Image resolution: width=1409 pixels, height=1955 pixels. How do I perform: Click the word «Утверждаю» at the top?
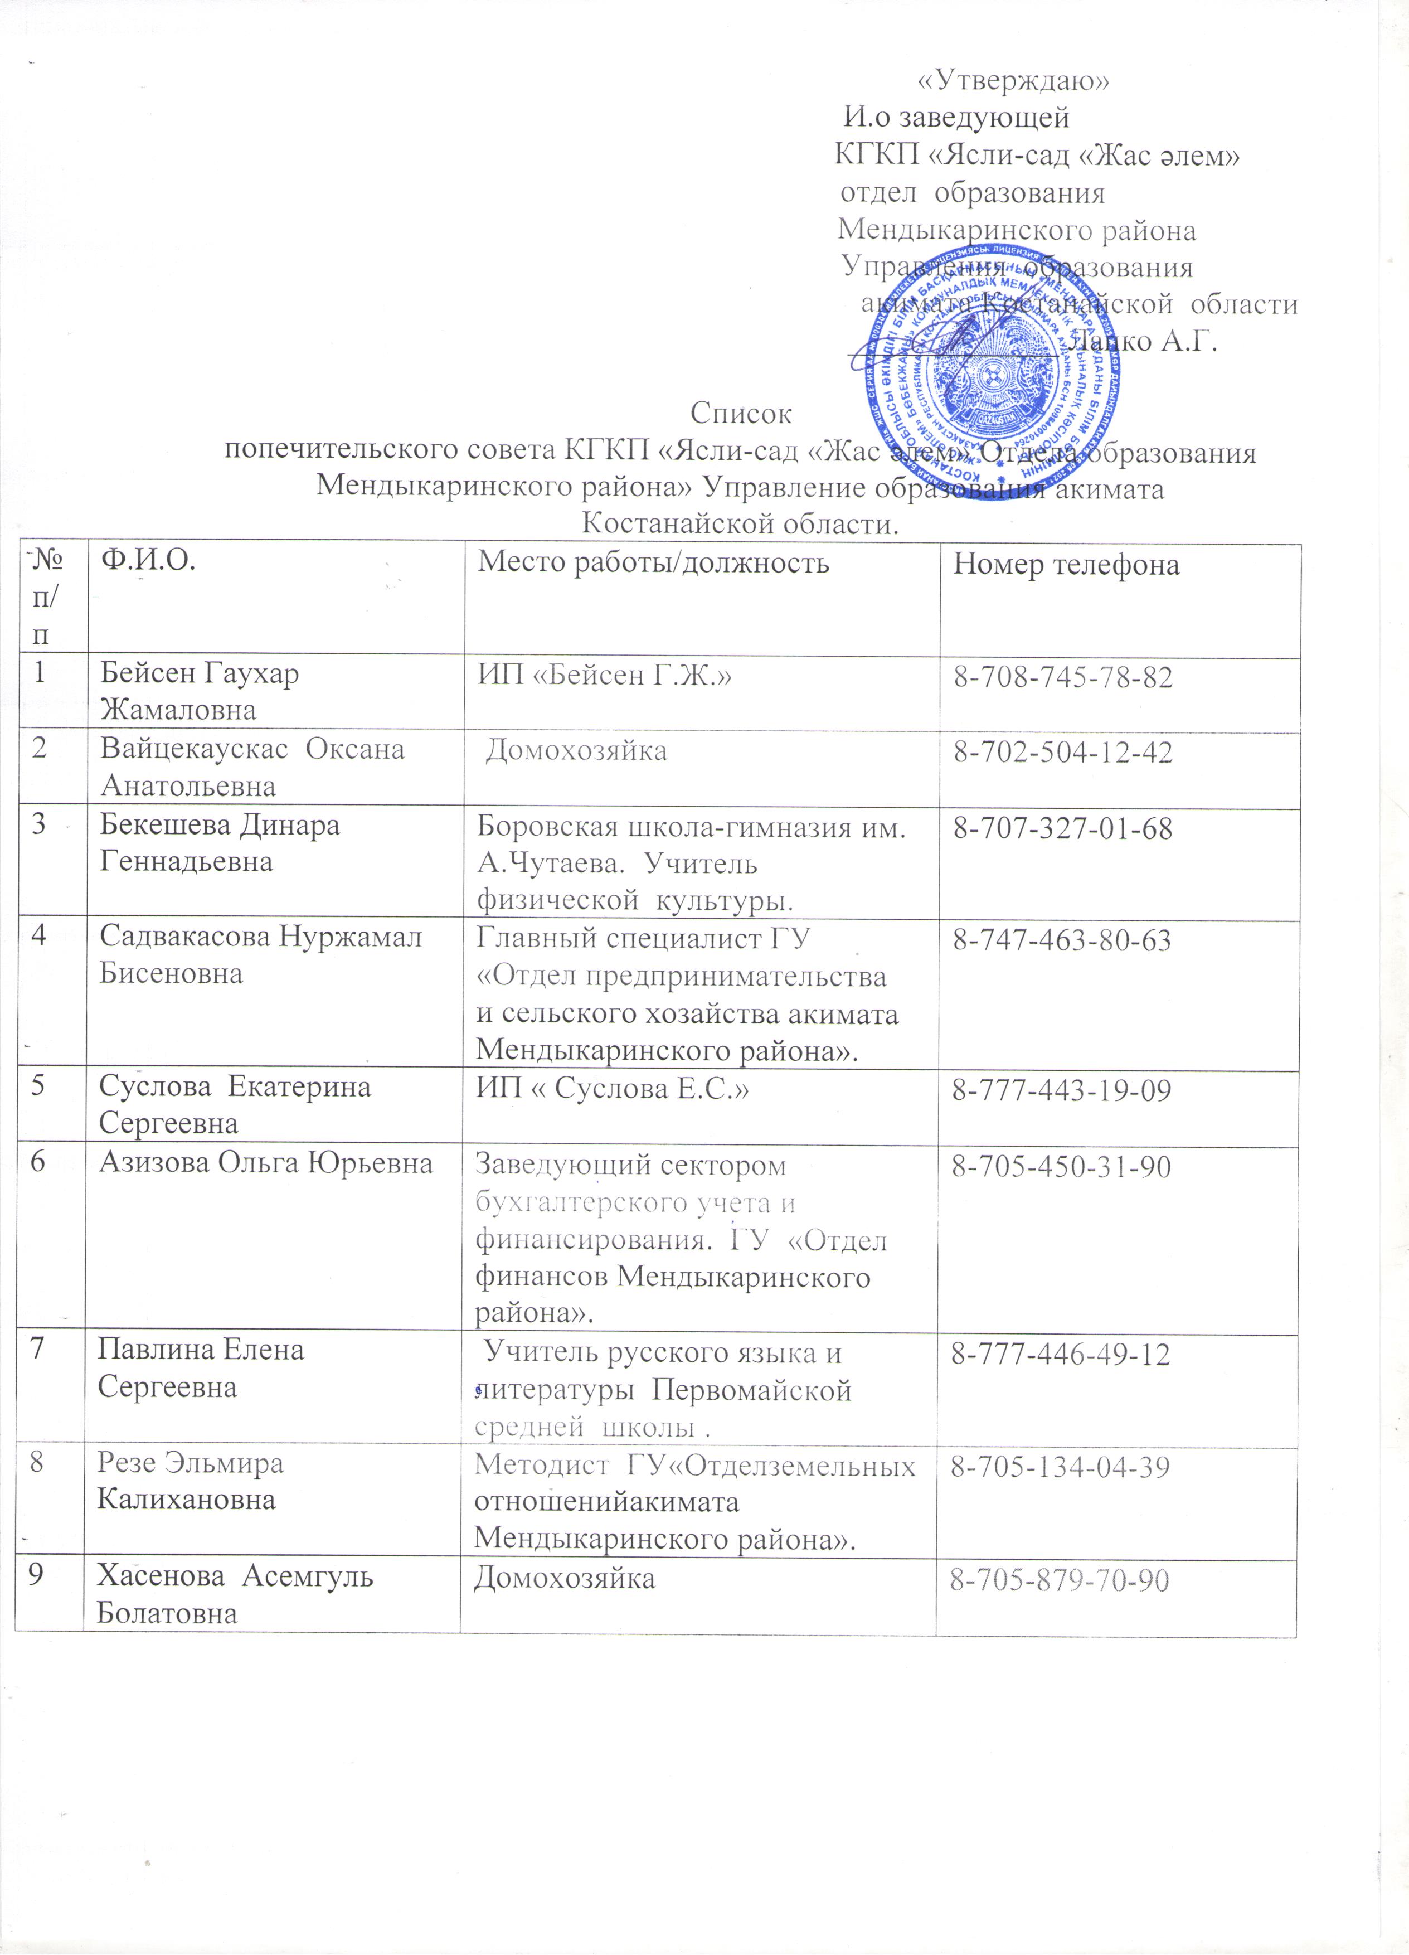pos(1013,80)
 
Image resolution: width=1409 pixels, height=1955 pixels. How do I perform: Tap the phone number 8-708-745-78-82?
pos(1062,677)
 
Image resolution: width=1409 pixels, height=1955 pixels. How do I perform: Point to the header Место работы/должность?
pos(653,563)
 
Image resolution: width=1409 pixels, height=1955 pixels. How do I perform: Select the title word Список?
pos(741,414)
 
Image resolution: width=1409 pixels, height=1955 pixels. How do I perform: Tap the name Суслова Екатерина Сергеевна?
pos(235,1104)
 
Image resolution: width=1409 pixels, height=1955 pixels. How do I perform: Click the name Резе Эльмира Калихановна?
pos(190,1482)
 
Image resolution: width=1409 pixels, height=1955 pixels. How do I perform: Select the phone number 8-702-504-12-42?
pos(1062,753)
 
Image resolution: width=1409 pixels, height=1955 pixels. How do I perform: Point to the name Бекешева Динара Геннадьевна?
pos(220,843)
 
